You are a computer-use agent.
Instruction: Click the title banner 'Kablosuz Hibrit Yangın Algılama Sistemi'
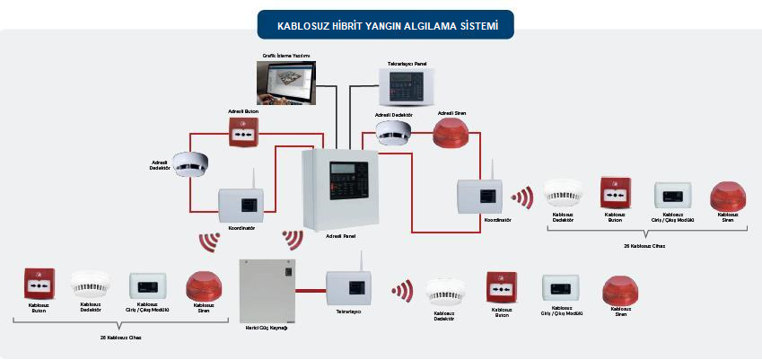tap(385, 25)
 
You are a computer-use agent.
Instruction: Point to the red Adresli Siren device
tap(451, 134)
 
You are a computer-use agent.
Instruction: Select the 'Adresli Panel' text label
tap(342, 234)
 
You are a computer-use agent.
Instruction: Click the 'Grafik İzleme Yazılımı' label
tap(285, 56)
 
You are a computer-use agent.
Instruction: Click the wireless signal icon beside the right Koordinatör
tap(521, 197)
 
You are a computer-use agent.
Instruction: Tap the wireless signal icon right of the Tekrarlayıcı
tap(401, 290)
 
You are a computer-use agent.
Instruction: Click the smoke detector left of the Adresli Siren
tap(393, 132)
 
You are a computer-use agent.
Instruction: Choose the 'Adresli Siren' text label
tap(451, 113)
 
